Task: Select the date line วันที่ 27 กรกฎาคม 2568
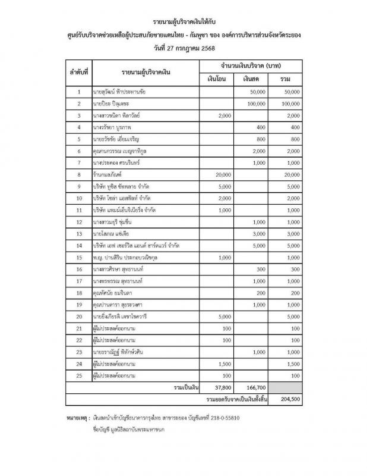[183, 46]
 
